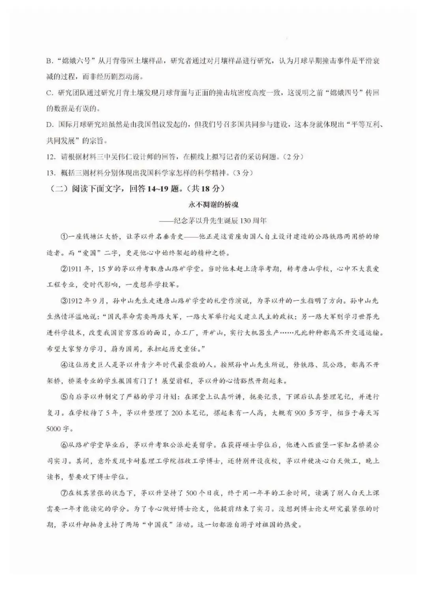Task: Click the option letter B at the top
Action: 49,61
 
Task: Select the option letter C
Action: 49,93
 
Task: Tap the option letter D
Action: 49,125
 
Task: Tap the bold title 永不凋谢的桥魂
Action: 213,205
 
